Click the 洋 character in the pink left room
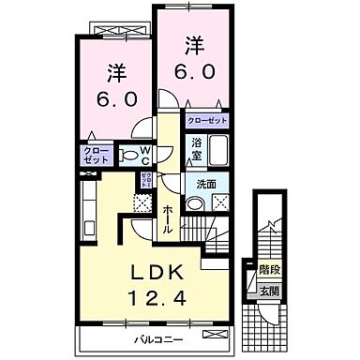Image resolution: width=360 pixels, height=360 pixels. [x=115, y=72]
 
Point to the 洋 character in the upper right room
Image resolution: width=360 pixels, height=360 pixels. [x=193, y=43]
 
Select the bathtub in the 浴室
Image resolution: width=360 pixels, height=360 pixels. [x=218, y=150]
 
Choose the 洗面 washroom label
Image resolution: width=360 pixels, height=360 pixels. [x=203, y=184]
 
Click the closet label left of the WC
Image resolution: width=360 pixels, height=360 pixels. [x=95, y=156]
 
